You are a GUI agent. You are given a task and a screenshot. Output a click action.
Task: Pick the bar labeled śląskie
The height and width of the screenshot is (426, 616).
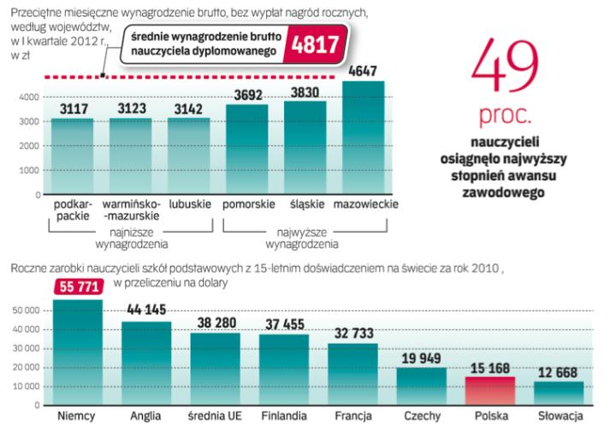pyautogui.click(x=305, y=149)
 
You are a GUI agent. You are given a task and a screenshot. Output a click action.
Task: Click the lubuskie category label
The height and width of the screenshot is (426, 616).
pyautogui.click(x=187, y=205)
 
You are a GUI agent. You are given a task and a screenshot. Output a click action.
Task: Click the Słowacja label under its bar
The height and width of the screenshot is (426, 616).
pyautogui.click(x=560, y=417)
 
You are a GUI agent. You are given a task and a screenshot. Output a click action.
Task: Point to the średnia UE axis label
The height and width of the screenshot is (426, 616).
pyautogui.click(x=216, y=417)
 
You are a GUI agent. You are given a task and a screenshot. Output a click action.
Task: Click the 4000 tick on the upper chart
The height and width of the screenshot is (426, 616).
pyautogui.click(x=27, y=97)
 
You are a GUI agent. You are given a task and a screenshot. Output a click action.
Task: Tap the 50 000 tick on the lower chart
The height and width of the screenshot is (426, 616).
pyautogui.click(x=28, y=311)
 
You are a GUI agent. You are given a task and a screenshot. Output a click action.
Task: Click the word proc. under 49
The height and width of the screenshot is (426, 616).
pyautogui.click(x=512, y=114)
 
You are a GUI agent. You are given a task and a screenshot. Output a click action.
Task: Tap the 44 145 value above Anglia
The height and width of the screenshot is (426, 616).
pyautogui.click(x=146, y=311)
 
